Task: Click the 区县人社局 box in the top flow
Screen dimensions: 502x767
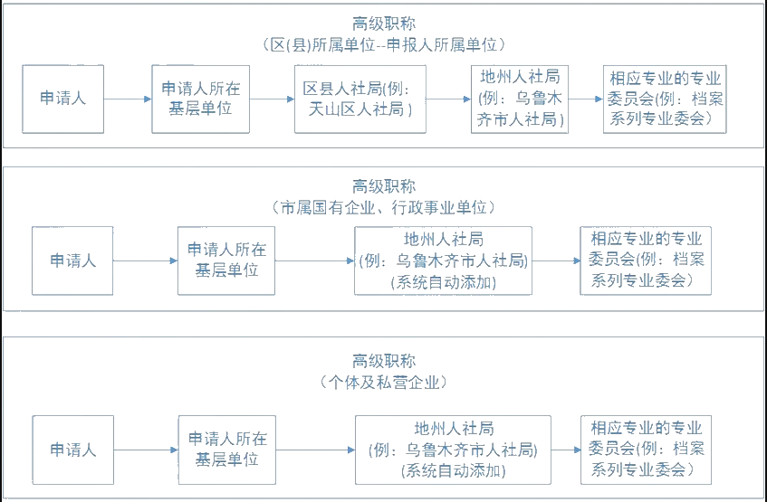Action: click(360, 99)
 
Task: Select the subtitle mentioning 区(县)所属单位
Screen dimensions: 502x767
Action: click(383, 44)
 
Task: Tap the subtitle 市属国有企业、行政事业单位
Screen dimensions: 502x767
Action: click(383, 208)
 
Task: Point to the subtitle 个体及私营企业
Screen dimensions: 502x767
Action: click(383, 382)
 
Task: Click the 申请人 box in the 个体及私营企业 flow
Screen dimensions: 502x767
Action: click(72, 450)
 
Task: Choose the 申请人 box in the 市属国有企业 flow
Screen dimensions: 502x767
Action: click(72, 260)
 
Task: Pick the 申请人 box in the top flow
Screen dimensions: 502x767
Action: click(62, 99)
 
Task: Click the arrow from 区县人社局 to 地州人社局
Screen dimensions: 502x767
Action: click(448, 99)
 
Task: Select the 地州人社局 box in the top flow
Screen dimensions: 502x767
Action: click(520, 99)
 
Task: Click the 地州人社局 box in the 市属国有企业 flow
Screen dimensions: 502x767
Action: click(443, 260)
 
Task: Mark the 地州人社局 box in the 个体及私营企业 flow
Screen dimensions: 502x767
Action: click(453, 450)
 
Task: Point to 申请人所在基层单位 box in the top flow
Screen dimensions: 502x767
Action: click(201, 99)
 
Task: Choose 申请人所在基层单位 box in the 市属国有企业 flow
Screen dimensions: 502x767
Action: click(226, 260)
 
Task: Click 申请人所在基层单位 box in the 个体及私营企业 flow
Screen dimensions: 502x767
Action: click(226, 450)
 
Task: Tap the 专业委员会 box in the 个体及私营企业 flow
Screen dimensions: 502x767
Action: click(646, 450)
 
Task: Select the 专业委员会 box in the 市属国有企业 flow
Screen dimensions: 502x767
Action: click(646, 260)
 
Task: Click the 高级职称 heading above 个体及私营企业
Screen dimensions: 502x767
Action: click(383, 360)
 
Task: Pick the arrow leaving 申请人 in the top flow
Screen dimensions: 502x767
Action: click(128, 99)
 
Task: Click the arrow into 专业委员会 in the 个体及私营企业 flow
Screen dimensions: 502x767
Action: click(566, 450)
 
